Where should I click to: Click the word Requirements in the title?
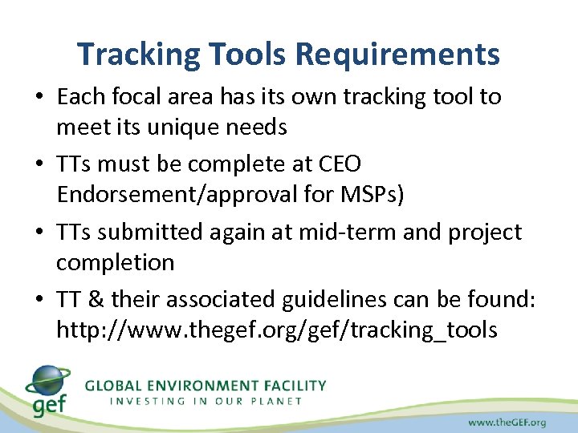pyautogui.click(x=397, y=55)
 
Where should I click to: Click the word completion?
pyautogui.click(x=115, y=263)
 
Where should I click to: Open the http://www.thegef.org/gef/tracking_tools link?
pyautogui.click(x=276, y=330)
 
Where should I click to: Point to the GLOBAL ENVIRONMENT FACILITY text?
pyautogui.click(x=206, y=385)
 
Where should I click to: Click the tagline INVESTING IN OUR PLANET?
pyautogui.click(x=206, y=401)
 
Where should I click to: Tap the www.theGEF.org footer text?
pyautogui.click(x=507, y=422)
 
